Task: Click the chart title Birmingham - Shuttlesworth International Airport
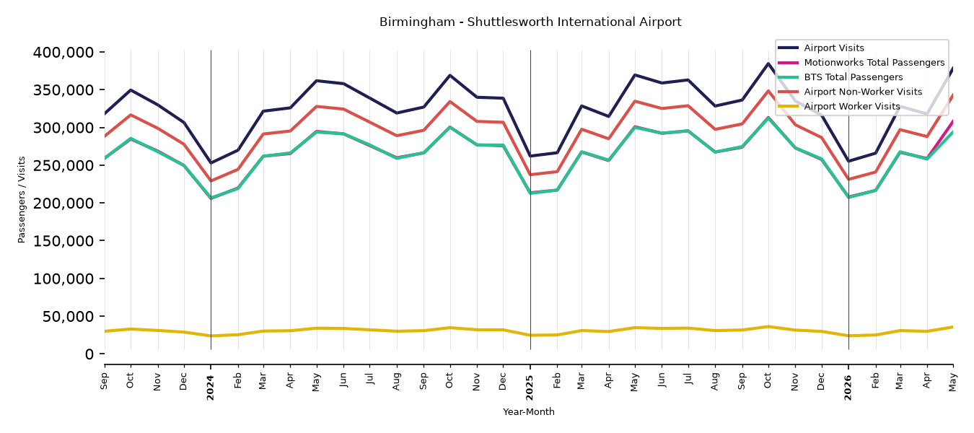click(530, 22)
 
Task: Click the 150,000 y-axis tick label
click(63, 241)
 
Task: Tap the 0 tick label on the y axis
click(89, 354)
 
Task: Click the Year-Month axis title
click(529, 411)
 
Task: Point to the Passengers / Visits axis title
click(22, 200)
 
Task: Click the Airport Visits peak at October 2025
click(768, 64)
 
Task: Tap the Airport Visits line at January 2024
click(211, 163)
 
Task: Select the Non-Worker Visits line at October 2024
click(450, 102)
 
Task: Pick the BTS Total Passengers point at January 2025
click(530, 193)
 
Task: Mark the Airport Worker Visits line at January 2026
click(848, 336)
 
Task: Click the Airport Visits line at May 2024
click(317, 80)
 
